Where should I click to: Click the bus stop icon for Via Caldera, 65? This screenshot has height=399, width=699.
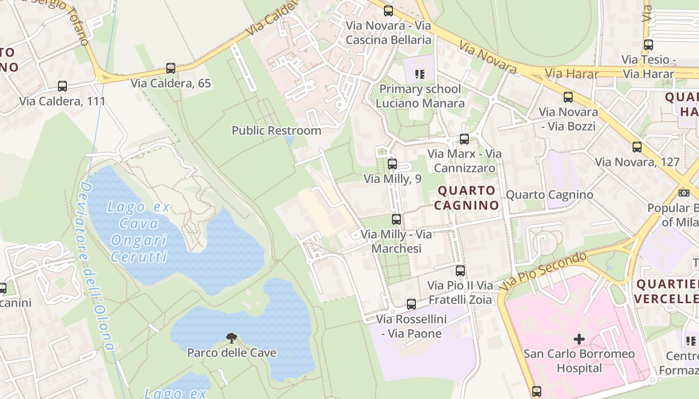click(171, 68)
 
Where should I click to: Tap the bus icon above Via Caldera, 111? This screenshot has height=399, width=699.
click(62, 86)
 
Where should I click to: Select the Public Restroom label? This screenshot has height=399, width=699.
click(276, 131)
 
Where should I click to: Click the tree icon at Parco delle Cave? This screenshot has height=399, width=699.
click(231, 338)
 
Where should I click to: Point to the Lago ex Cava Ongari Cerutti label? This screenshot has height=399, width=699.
click(139, 232)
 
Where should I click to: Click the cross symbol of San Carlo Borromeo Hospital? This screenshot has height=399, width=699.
click(579, 340)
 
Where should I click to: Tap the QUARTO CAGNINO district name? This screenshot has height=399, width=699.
click(466, 198)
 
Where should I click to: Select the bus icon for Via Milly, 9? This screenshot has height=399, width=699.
click(392, 164)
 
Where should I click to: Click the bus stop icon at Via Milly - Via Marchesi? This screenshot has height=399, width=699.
click(396, 219)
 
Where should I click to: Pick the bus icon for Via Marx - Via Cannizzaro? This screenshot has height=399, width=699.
click(464, 139)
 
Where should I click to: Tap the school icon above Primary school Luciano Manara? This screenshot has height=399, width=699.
click(419, 75)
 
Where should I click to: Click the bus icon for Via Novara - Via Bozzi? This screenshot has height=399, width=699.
click(568, 97)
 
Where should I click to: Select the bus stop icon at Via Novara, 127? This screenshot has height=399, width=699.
click(637, 147)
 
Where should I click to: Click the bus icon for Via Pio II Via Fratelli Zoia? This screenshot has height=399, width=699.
click(460, 271)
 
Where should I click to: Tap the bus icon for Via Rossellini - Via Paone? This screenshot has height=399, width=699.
click(411, 304)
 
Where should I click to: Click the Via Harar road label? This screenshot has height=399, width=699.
click(571, 74)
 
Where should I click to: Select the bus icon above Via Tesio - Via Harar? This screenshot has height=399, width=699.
click(649, 45)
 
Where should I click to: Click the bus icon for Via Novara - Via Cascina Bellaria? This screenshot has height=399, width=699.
click(388, 11)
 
